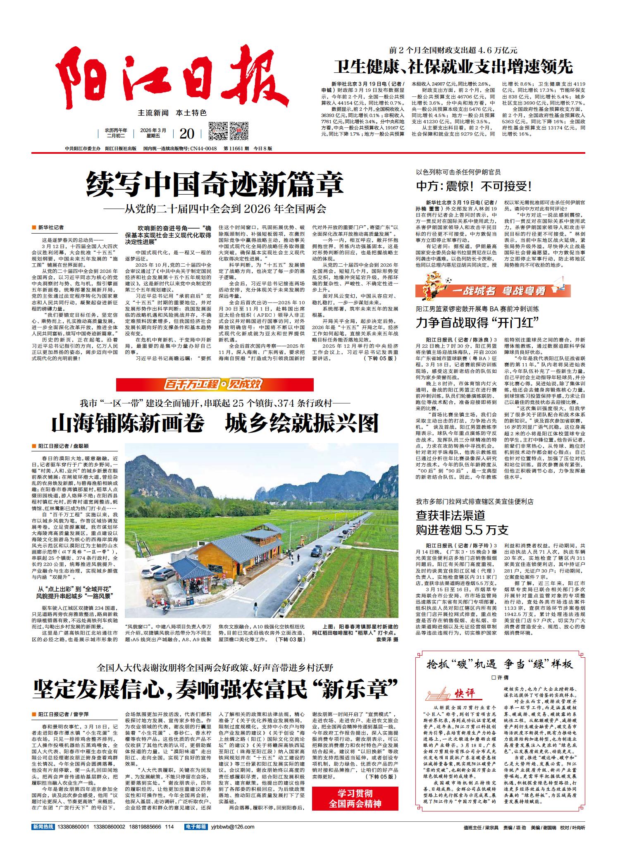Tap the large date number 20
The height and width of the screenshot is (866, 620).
tap(187, 134)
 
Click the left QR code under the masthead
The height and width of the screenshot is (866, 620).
tap(217, 132)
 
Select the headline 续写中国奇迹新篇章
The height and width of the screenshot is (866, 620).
tap(215, 185)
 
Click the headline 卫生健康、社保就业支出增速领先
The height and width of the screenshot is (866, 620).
tap(453, 67)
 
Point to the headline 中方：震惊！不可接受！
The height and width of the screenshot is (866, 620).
tap(474, 186)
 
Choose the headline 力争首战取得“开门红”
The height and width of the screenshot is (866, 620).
tap(478, 322)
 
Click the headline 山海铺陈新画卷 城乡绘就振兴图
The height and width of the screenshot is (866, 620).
tap(215, 423)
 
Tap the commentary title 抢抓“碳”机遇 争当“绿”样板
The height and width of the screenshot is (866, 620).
tap(500, 664)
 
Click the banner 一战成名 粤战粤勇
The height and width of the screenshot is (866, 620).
tap(493, 291)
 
